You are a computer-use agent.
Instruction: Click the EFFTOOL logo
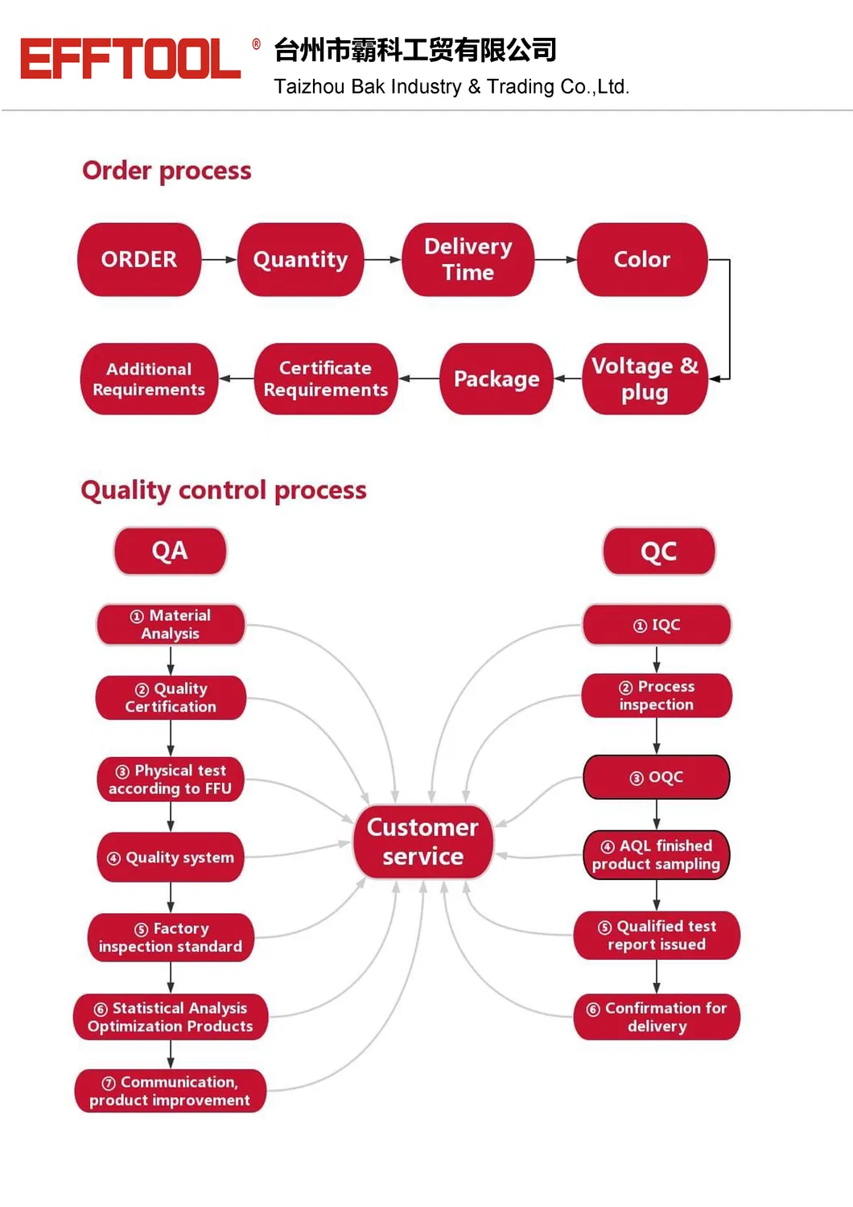(130, 59)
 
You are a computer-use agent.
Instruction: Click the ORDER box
(139, 259)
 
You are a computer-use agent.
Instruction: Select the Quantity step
(300, 259)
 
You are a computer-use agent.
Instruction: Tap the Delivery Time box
(468, 259)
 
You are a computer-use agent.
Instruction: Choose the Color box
(641, 259)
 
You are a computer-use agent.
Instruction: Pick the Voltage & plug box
(645, 378)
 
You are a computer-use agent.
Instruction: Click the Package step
(496, 378)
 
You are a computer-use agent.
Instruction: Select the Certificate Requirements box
(325, 378)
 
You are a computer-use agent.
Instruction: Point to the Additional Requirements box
(149, 378)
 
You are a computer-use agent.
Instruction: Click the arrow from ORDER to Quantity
(219, 259)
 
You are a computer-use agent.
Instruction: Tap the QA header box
(170, 551)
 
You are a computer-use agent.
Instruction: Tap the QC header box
(658, 552)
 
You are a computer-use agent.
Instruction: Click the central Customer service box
(422, 841)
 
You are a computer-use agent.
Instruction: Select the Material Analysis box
(170, 624)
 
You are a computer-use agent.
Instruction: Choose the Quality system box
(170, 858)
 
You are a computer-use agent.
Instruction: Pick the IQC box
(657, 625)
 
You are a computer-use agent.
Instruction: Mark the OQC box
(656, 777)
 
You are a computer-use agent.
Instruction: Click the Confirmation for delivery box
(657, 1017)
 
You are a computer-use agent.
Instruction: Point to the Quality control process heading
(224, 490)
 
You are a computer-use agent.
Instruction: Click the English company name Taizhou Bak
(451, 87)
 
